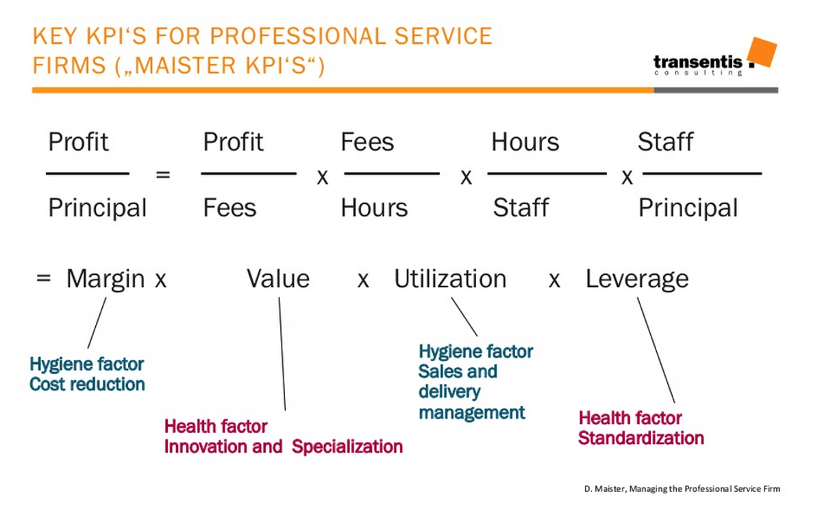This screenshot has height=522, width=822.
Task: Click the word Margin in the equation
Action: point(105,279)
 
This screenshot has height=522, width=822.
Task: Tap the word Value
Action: point(278,279)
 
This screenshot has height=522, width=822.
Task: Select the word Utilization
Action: point(450,279)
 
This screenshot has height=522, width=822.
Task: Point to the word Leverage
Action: point(637,279)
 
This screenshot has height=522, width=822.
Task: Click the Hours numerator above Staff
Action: point(525,142)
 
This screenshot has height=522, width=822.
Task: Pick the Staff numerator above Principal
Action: point(665,142)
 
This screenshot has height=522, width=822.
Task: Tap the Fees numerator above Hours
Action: point(367,142)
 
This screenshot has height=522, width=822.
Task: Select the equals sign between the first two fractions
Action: point(162,175)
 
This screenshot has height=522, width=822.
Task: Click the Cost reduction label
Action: point(87,384)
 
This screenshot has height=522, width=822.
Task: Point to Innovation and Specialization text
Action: point(283,447)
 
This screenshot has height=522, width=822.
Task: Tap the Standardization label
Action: point(640,438)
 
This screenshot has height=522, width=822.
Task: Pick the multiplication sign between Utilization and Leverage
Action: point(554,281)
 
